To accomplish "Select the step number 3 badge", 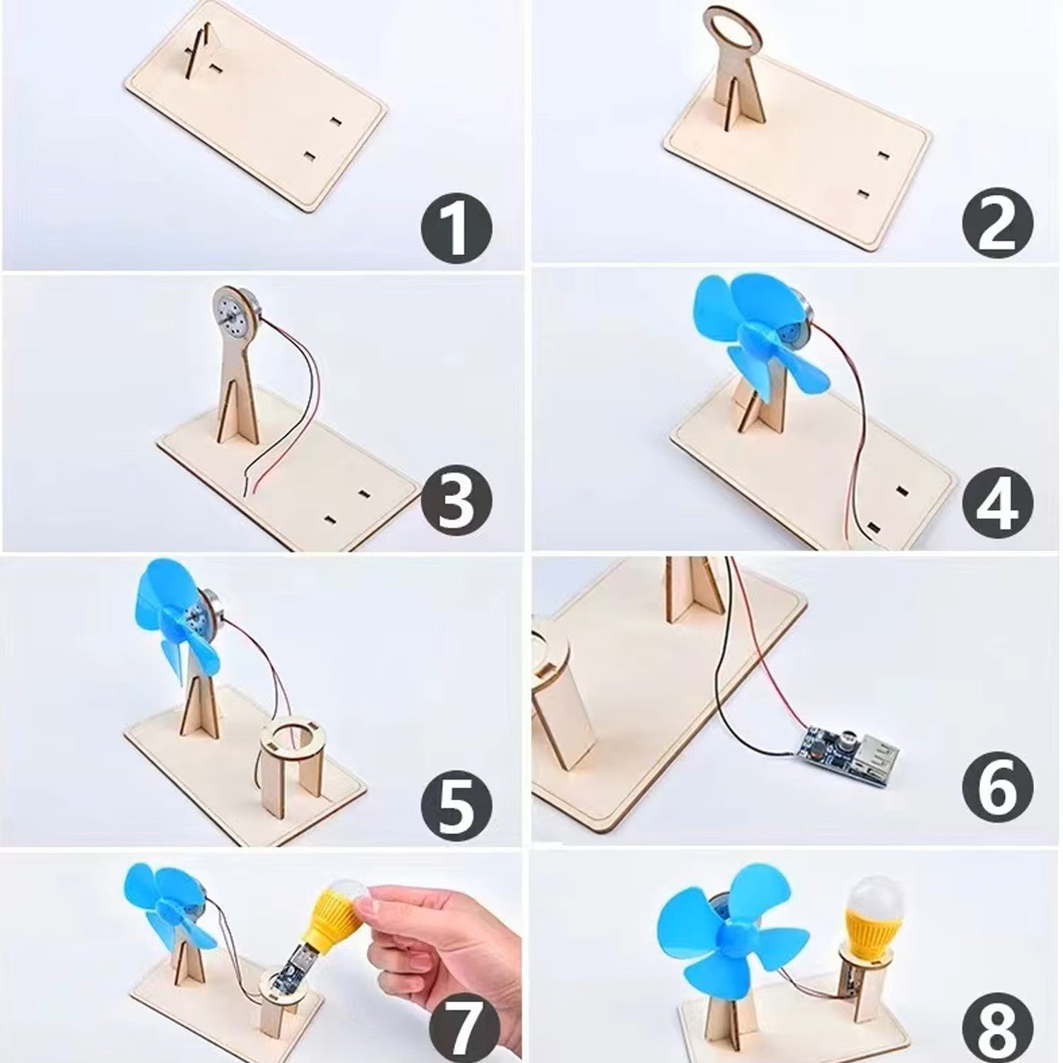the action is pos(455,501).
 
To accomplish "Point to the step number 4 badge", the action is pos(997,501).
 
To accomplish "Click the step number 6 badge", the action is pos(997,784).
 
